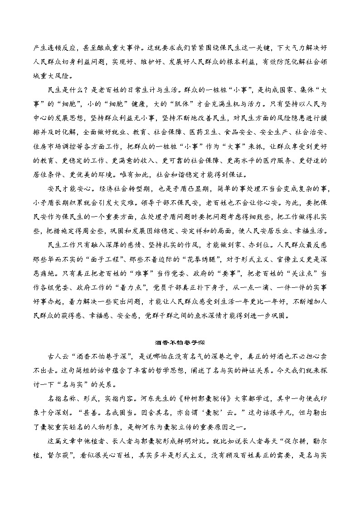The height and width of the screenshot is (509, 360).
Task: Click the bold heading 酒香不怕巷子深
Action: (x=180, y=341)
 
